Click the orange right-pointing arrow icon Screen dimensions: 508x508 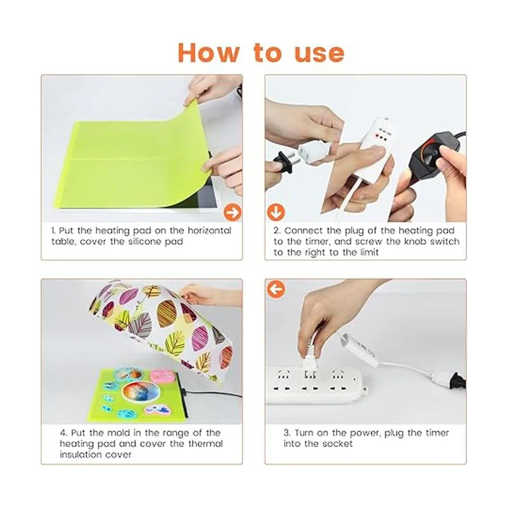coord(232,212)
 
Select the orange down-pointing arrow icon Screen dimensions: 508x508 coord(276,212)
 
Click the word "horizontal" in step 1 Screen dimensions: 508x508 coord(209,231)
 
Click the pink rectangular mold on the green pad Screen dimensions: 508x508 coord(162,375)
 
